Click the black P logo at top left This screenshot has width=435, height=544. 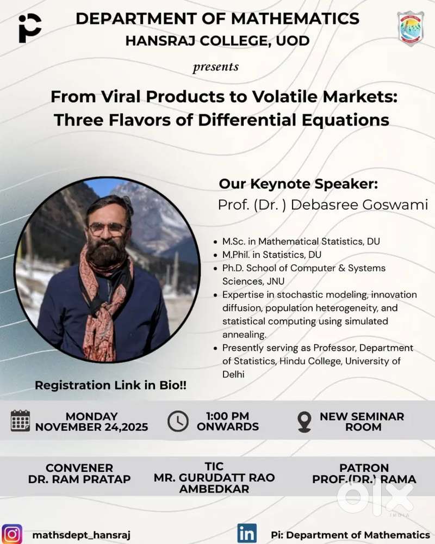pyautogui.click(x=30, y=28)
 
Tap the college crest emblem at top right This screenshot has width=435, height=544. pyautogui.click(x=411, y=28)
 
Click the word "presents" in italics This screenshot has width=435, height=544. pyautogui.click(x=216, y=66)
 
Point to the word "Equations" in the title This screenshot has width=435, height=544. pyautogui.click(x=345, y=120)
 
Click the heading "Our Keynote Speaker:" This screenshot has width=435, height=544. pyautogui.click(x=299, y=184)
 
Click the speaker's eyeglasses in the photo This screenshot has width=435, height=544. pyautogui.click(x=107, y=228)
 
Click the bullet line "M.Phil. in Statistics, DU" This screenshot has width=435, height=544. pyautogui.click(x=272, y=255)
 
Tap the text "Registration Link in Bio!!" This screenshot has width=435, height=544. pyautogui.click(x=111, y=385)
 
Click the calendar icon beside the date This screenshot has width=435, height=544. pyautogui.click(x=20, y=421)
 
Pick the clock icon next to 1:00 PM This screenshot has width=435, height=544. pyautogui.click(x=178, y=421)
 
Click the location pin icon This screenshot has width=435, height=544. pyautogui.click(x=304, y=422)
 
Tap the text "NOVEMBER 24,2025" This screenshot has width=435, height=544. pyautogui.click(x=91, y=426)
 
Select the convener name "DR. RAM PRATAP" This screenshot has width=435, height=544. pyautogui.click(x=79, y=479)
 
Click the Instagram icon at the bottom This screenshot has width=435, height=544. pyautogui.click(x=12, y=534)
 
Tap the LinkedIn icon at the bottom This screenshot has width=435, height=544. pyautogui.click(x=247, y=533)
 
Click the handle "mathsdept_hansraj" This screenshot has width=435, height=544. pyautogui.click(x=81, y=535)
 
